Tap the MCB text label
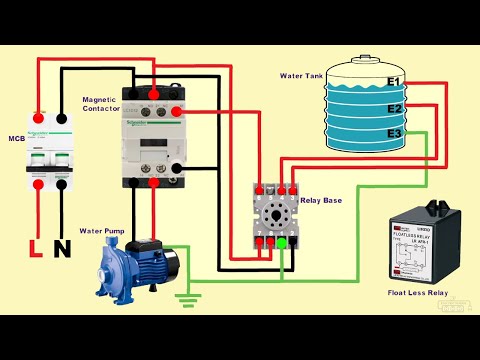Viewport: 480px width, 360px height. coord(16,138)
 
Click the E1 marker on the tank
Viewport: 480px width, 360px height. coord(394,81)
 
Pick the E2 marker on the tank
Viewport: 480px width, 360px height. coord(394,108)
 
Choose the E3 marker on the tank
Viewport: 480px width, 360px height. coord(394,134)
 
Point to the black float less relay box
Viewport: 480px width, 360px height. coord(418,247)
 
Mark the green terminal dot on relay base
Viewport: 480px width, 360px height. coord(281,241)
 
